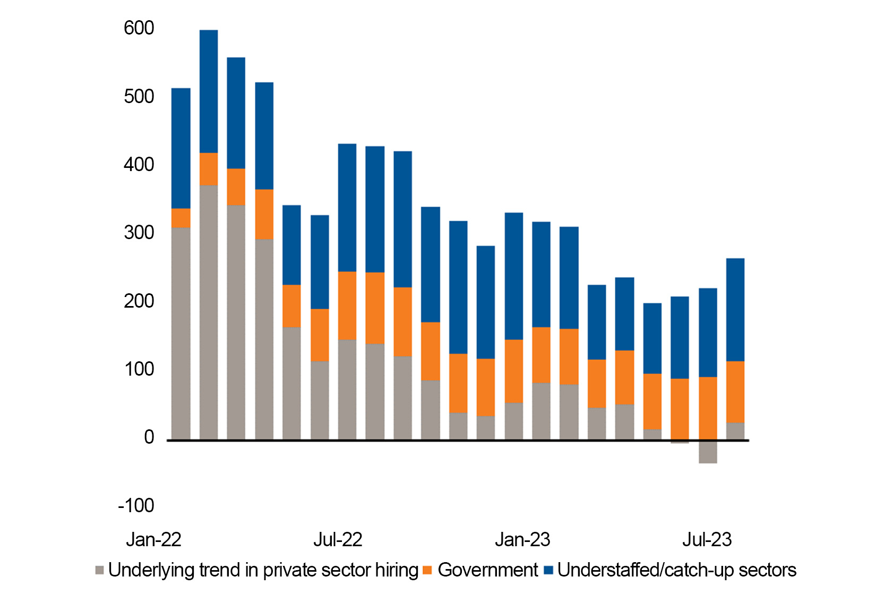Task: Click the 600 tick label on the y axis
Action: point(139,28)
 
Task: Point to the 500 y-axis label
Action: point(139,97)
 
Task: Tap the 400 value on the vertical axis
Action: point(139,165)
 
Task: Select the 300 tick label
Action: point(139,233)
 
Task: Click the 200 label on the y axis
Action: point(139,301)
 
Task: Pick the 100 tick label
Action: point(139,369)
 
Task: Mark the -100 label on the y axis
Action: point(136,505)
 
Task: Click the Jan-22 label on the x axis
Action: point(153,540)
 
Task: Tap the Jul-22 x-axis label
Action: point(338,540)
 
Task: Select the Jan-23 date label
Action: point(522,540)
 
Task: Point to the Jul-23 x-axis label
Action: point(707,540)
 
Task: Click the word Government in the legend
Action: point(487,570)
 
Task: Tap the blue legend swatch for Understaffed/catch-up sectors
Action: point(549,571)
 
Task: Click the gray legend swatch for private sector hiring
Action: point(99,571)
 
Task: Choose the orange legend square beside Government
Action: point(427,571)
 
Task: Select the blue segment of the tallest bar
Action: point(209,91)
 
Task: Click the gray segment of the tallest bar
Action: point(209,312)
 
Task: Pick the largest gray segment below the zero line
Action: point(708,452)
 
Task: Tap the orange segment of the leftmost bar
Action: point(181,218)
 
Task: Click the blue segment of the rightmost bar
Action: point(735,310)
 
